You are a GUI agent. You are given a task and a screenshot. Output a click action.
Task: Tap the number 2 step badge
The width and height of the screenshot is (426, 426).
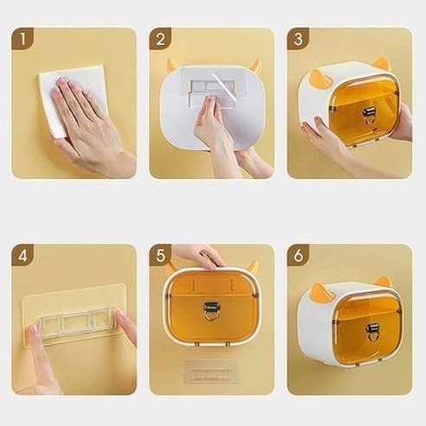(x=160, y=39)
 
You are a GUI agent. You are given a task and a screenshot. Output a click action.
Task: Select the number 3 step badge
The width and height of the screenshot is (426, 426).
(x=297, y=39)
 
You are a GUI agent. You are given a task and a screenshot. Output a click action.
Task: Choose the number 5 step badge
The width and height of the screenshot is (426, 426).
(x=160, y=256)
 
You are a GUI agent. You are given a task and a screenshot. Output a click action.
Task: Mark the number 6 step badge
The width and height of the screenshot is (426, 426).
(x=297, y=256)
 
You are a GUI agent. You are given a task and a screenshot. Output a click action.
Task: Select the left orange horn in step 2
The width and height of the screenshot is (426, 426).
(x=172, y=64)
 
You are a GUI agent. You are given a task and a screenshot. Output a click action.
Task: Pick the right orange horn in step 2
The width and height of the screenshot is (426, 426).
(x=255, y=64)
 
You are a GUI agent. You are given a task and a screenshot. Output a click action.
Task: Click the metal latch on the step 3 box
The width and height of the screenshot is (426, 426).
(x=369, y=113)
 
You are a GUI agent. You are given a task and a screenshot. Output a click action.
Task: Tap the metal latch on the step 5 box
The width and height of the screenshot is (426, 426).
(x=210, y=310)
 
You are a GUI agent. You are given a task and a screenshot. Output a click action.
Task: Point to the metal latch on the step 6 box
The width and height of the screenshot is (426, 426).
(x=372, y=331)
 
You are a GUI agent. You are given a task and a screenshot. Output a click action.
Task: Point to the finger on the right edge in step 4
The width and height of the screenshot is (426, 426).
(x=126, y=327)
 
